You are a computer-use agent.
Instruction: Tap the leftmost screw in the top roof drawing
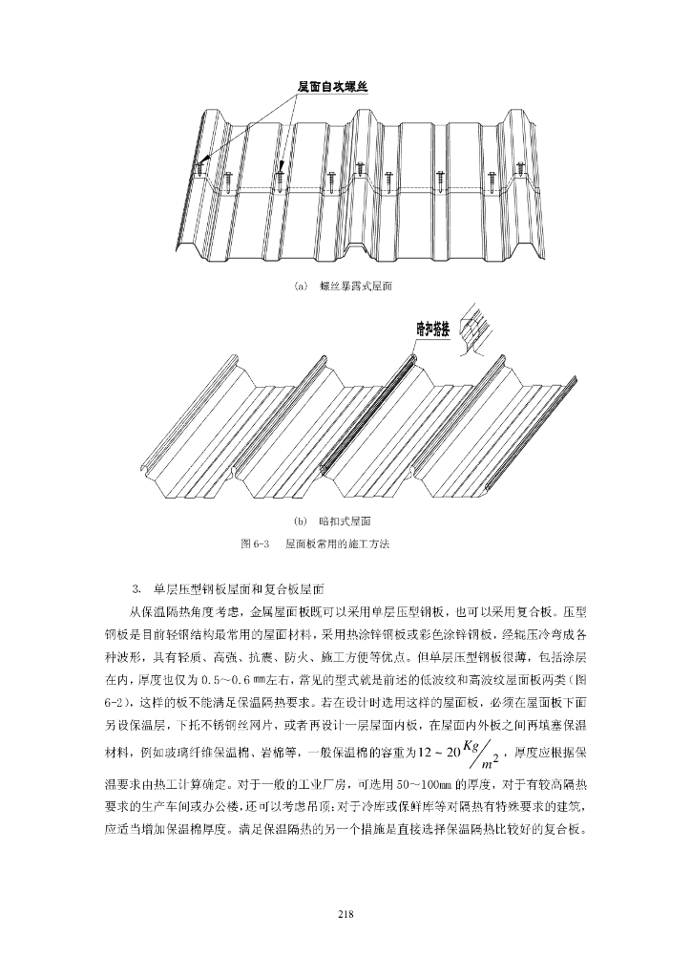(x=199, y=168)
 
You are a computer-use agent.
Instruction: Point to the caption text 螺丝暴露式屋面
(x=355, y=286)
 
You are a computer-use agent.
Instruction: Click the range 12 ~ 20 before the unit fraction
(x=437, y=752)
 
